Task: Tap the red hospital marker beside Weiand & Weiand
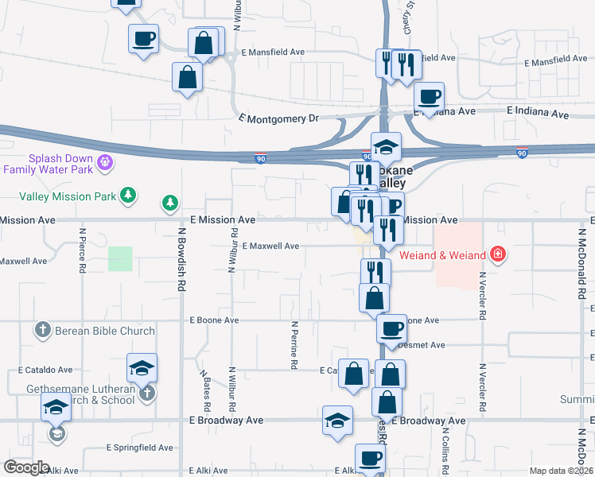pyautogui.click(x=498, y=254)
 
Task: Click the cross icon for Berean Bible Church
pyautogui.click(x=43, y=329)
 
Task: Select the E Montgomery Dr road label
pyautogui.click(x=278, y=118)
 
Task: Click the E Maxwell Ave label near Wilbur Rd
pyautogui.click(x=270, y=246)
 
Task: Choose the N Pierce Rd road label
pyautogui.click(x=83, y=251)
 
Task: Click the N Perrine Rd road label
pyautogui.click(x=294, y=345)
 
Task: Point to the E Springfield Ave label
pyautogui.click(x=140, y=448)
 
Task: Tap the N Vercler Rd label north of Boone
pyautogui.click(x=482, y=295)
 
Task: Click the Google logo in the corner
pyautogui.click(x=27, y=467)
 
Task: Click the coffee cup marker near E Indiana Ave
pyautogui.click(x=429, y=97)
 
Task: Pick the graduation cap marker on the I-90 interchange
pyautogui.click(x=386, y=147)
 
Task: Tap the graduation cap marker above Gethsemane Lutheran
pyautogui.click(x=142, y=367)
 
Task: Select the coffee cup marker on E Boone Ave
pyautogui.click(x=391, y=328)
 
